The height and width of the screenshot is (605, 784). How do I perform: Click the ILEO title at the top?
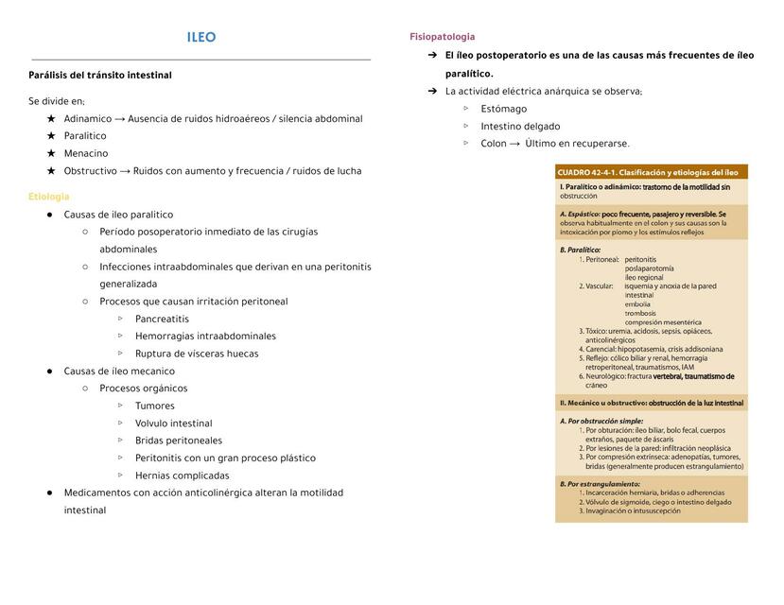coord(201,38)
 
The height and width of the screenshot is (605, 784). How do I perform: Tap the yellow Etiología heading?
coord(49,197)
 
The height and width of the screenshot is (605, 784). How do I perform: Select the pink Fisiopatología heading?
coord(443,37)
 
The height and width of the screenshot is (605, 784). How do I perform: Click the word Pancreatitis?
coord(162,319)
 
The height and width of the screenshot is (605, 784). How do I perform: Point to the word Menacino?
coord(86,153)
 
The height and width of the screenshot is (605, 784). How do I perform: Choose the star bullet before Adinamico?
coord(51,119)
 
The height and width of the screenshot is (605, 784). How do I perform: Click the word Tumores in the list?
coord(155,406)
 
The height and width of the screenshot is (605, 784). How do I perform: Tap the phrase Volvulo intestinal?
coord(174,423)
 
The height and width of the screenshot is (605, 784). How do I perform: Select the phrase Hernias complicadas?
coord(183,475)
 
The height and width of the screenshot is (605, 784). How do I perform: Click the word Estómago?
coord(504,109)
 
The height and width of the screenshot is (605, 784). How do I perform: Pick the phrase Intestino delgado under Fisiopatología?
coord(520,127)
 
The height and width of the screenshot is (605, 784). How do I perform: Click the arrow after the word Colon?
coord(514,144)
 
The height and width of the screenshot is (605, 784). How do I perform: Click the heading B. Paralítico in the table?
coord(581,250)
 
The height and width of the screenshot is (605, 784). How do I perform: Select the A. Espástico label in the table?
coord(580,215)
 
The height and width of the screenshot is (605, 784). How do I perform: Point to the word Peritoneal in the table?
coord(602,259)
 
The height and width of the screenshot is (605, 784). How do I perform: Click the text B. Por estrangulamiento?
coord(601,483)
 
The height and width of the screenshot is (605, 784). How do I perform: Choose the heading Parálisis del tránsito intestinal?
coord(100,76)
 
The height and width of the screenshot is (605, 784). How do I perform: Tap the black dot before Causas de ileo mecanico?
coord(50,372)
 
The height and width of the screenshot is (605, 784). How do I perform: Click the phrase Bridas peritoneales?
coord(179,441)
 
